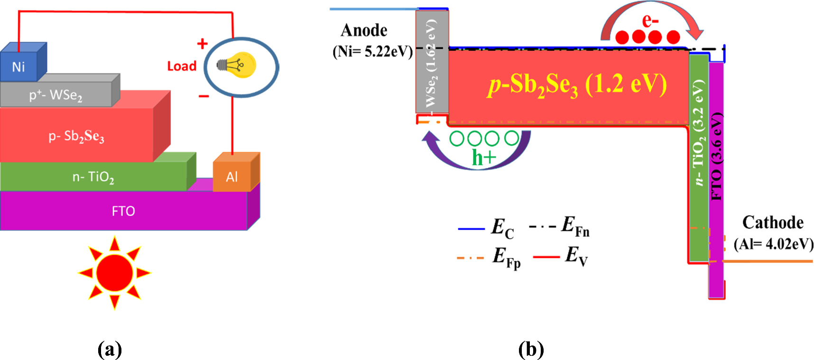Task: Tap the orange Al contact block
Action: tap(232, 177)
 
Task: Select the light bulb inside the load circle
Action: tap(237, 65)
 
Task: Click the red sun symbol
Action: tap(114, 272)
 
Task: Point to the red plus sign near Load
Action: tap(203, 44)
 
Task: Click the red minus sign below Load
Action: tap(203, 96)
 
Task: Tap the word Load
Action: tap(182, 66)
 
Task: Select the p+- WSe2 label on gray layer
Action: tap(55, 95)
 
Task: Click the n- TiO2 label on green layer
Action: tap(93, 177)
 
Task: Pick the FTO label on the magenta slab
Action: tap(123, 211)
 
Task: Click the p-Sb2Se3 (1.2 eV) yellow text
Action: tap(578, 86)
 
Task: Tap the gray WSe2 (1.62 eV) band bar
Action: tap(432, 62)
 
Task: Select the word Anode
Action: tap(364, 30)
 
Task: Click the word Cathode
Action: tap(773, 222)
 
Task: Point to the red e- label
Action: tap(650, 20)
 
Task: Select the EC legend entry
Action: tap(486, 229)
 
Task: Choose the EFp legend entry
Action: tap(489, 258)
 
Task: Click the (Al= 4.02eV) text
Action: tap(774, 244)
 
